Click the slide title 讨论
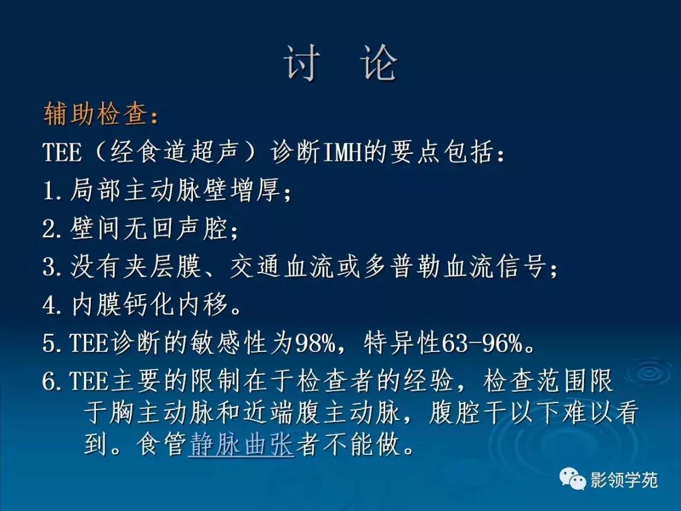(x=340, y=64)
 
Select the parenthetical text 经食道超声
(x=177, y=153)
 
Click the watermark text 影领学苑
(x=624, y=480)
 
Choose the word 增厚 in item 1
(x=257, y=191)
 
